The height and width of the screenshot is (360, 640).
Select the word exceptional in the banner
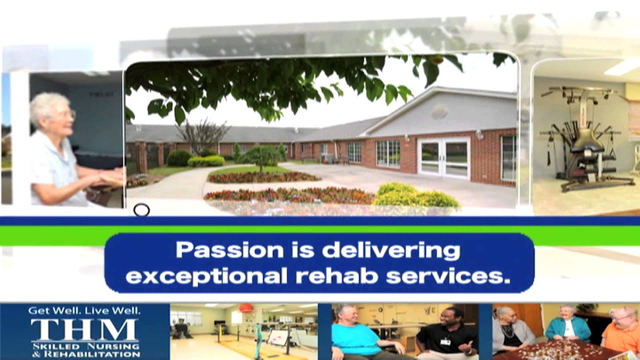(x=206, y=275)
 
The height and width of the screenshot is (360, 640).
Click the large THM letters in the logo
(x=84, y=330)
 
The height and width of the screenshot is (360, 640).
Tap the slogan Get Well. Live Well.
(x=84, y=310)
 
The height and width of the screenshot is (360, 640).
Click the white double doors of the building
(x=443, y=157)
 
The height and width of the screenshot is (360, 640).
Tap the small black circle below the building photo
(x=141, y=210)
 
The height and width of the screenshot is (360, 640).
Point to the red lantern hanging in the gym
(x=245, y=308)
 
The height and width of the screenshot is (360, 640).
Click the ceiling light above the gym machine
(x=622, y=67)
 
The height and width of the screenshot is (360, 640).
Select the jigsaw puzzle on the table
(x=555, y=350)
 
